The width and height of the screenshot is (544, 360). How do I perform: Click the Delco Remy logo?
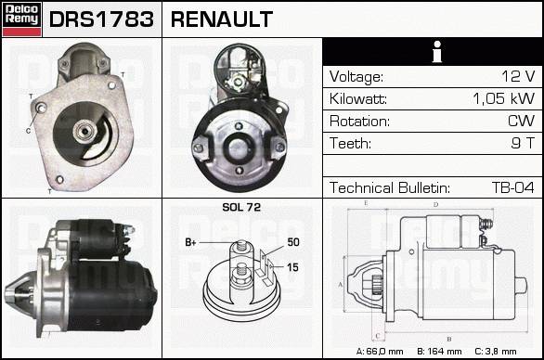tap(21, 19)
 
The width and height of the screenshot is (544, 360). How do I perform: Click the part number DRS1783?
tap(101, 19)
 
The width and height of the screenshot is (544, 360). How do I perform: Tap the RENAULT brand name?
tap(222, 19)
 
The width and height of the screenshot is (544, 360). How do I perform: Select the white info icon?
tap(437, 52)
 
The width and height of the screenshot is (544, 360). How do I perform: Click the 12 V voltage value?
tap(518, 76)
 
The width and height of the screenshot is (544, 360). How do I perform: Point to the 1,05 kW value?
tap(504, 98)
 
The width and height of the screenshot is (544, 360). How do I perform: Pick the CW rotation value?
tap(522, 121)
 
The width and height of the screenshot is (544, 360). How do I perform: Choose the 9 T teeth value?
tap(523, 143)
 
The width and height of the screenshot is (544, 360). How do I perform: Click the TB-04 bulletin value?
tap(513, 187)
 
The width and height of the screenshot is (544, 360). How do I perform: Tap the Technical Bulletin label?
tap(390, 187)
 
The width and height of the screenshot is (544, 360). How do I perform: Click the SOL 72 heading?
tap(241, 207)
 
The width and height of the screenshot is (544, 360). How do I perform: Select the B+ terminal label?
tap(191, 242)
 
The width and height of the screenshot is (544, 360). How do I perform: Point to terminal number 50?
tap(293, 242)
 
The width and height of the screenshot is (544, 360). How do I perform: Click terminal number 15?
tap(292, 267)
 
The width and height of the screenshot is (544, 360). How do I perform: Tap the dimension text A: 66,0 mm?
tap(380, 352)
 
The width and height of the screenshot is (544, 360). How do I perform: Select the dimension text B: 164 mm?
tap(439, 352)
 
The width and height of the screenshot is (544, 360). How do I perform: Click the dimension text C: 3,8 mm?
tap(496, 352)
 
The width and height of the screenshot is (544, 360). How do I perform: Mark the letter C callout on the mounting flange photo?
tap(29, 131)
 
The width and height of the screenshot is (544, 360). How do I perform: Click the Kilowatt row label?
tap(358, 99)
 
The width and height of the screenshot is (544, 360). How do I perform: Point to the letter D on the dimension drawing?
tap(435, 205)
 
